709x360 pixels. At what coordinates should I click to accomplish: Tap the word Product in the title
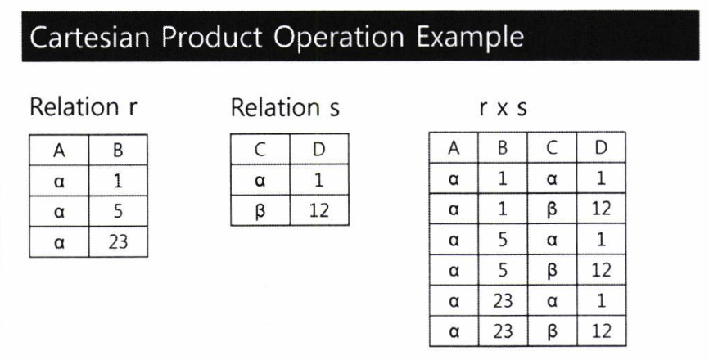point(211,37)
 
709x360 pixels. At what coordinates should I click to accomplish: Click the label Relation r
point(83,107)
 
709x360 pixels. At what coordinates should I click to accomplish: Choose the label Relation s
point(285,108)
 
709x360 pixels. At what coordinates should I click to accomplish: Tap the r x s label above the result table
point(504,109)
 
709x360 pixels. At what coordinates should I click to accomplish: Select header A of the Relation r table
point(59,151)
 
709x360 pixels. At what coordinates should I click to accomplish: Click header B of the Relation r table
point(118,151)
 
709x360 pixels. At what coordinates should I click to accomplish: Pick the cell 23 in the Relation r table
point(118,242)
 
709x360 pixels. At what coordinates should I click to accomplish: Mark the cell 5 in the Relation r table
point(118,211)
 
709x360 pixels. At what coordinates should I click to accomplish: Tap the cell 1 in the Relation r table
point(118,181)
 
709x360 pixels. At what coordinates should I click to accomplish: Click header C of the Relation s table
point(260,150)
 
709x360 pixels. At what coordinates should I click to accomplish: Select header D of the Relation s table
point(319,150)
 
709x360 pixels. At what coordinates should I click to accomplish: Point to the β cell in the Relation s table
point(260,211)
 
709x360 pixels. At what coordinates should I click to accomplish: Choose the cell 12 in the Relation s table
point(319,210)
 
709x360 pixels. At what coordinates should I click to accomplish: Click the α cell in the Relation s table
point(260,181)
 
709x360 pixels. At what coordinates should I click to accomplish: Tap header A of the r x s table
point(454,148)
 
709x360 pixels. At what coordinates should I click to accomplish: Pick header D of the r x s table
point(602,148)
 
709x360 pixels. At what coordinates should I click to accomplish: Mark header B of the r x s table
point(503,148)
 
